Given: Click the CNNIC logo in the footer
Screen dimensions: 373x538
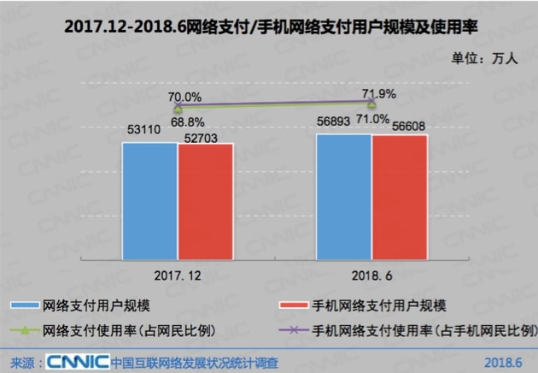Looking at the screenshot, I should point(77,361).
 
